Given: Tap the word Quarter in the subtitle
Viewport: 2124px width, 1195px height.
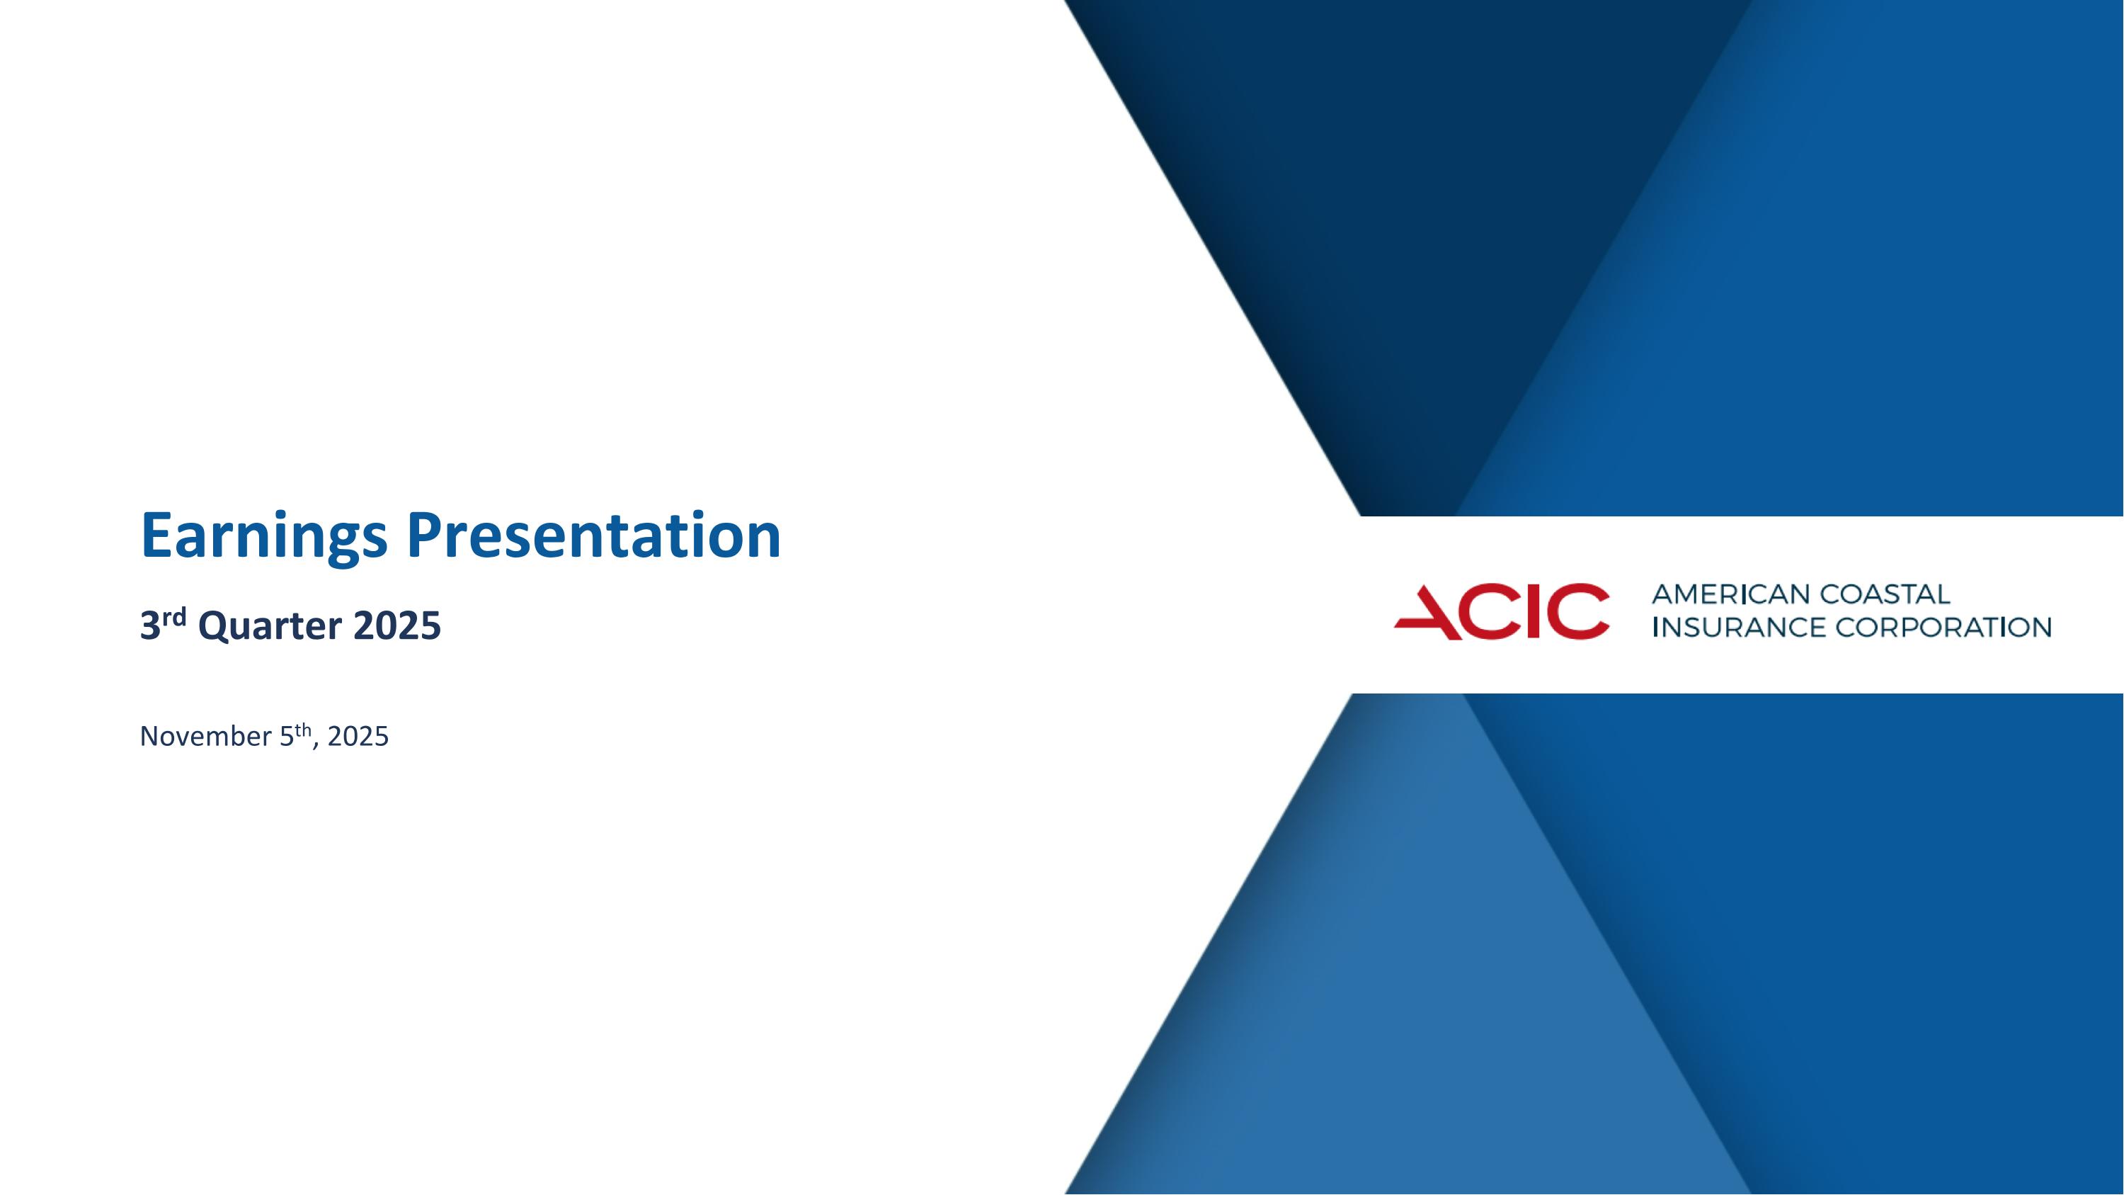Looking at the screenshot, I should [x=270, y=627].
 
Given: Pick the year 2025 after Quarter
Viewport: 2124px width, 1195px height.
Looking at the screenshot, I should [x=396, y=627].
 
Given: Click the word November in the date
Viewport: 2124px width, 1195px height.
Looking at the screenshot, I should [x=205, y=737].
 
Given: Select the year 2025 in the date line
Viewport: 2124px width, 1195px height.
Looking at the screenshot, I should [x=358, y=737].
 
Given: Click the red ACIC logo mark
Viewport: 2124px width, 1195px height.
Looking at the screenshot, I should [x=1501, y=611].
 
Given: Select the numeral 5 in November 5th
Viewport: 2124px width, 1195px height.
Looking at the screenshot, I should [x=286, y=737].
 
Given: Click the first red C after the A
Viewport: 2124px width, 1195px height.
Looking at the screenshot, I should [x=1488, y=611].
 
